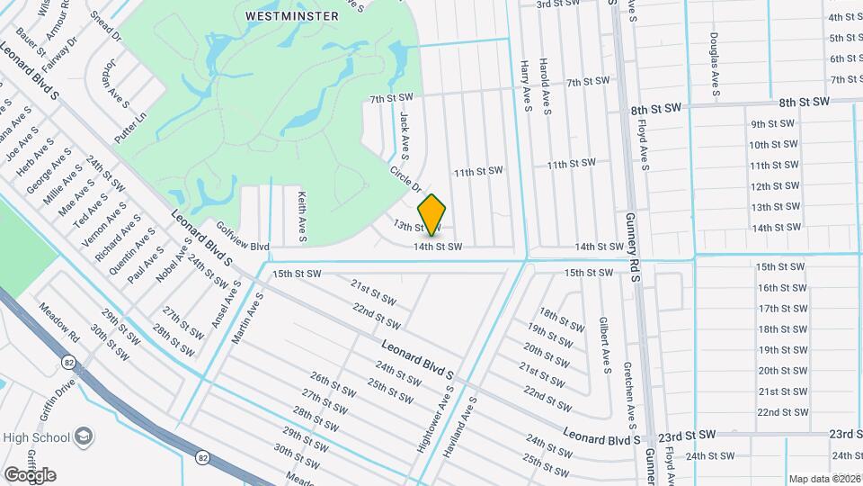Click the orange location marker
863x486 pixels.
coord(432,215)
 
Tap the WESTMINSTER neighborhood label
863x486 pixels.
coord(280,16)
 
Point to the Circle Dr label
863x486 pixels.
coord(405,178)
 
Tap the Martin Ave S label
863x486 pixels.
coord(248,318)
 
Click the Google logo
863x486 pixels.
coord(29,475)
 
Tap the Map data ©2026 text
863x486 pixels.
coord(823,479)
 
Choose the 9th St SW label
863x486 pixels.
coord(773,123)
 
